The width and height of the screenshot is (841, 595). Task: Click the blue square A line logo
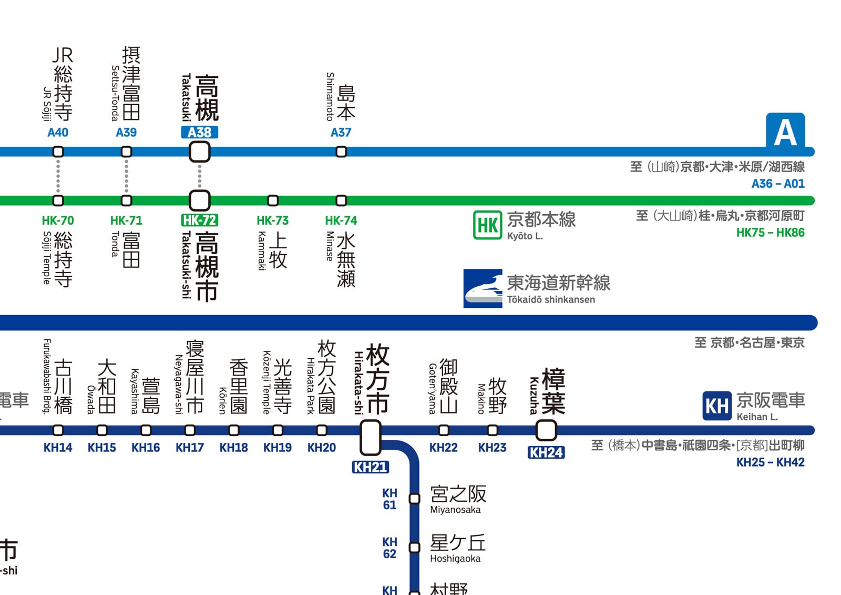785,131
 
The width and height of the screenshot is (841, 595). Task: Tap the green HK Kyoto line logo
487,225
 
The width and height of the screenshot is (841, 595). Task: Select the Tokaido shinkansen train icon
483,288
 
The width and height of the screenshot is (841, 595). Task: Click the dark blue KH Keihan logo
716,406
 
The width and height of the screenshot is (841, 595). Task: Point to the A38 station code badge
199,133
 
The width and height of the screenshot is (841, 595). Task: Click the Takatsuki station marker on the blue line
199,152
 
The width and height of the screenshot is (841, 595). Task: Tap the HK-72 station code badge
199,220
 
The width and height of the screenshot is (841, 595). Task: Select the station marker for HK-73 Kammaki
273,200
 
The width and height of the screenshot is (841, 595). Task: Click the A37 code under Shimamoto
341,133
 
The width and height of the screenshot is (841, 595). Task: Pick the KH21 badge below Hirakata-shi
370,467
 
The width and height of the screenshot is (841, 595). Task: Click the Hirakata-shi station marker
370,437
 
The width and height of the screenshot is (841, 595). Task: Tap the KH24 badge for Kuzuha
546,452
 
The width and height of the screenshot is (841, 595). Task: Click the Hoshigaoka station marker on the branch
415,548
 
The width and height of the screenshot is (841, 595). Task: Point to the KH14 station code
58,448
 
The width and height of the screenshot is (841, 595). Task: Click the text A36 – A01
777,184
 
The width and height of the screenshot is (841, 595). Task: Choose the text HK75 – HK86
770,233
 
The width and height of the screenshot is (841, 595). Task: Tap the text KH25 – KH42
770,462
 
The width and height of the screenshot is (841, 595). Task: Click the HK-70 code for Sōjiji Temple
58,220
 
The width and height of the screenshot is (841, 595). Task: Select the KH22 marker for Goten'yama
444,430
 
